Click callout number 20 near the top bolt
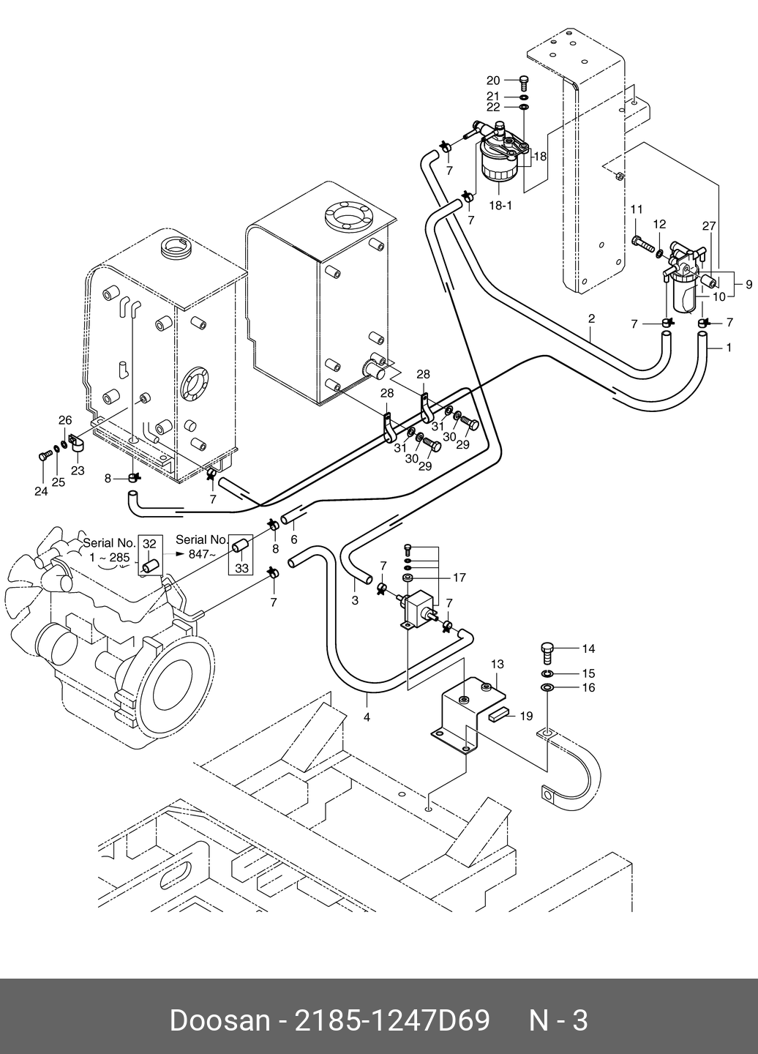(x=493, y=81)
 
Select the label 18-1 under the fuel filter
(x=500, y=206)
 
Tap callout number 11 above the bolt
(x=637, y=209)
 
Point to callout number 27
(x=709, y=226)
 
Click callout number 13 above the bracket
(x=498, y=664)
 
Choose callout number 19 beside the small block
(x=526, y=716)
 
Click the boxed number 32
(x=149, y=544)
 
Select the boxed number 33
(x=241, y=569)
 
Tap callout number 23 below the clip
(x=78, y=471)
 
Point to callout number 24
(x=41, y=491)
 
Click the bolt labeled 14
(x=547, y=653)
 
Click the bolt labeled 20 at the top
(x=525, y=83)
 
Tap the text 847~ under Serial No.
(x=202, y=554)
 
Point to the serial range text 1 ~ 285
(x=110, y=558)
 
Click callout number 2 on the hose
(x=591, y=318)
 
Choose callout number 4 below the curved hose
(x=367, y=717)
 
